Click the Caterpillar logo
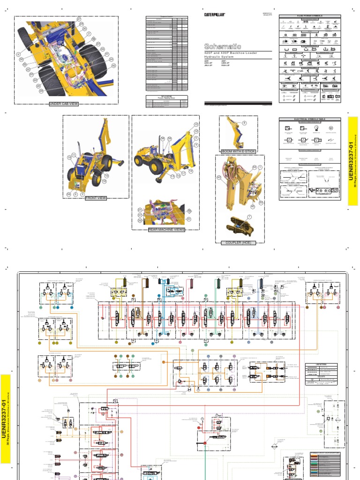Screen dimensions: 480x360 (x=215, y=15)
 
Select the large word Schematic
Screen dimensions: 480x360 (x=223, y=46)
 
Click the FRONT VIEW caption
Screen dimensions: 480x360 (x=96, y=198)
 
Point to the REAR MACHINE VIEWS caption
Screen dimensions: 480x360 (x=166, y=230)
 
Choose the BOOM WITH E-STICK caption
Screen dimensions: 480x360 (x=239, y=151)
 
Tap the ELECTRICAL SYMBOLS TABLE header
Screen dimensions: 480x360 (x=309, y=120)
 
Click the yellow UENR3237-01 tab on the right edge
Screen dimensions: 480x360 (x=353, y=161)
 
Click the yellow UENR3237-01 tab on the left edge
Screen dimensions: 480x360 (x=5, y=419)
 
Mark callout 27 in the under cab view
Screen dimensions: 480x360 (x=79, y=19)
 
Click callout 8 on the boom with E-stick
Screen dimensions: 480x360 (x=244, y=123)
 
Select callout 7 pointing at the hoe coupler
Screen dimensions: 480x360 (x=249, y=217)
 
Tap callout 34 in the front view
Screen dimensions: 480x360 (x=68, y=194)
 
